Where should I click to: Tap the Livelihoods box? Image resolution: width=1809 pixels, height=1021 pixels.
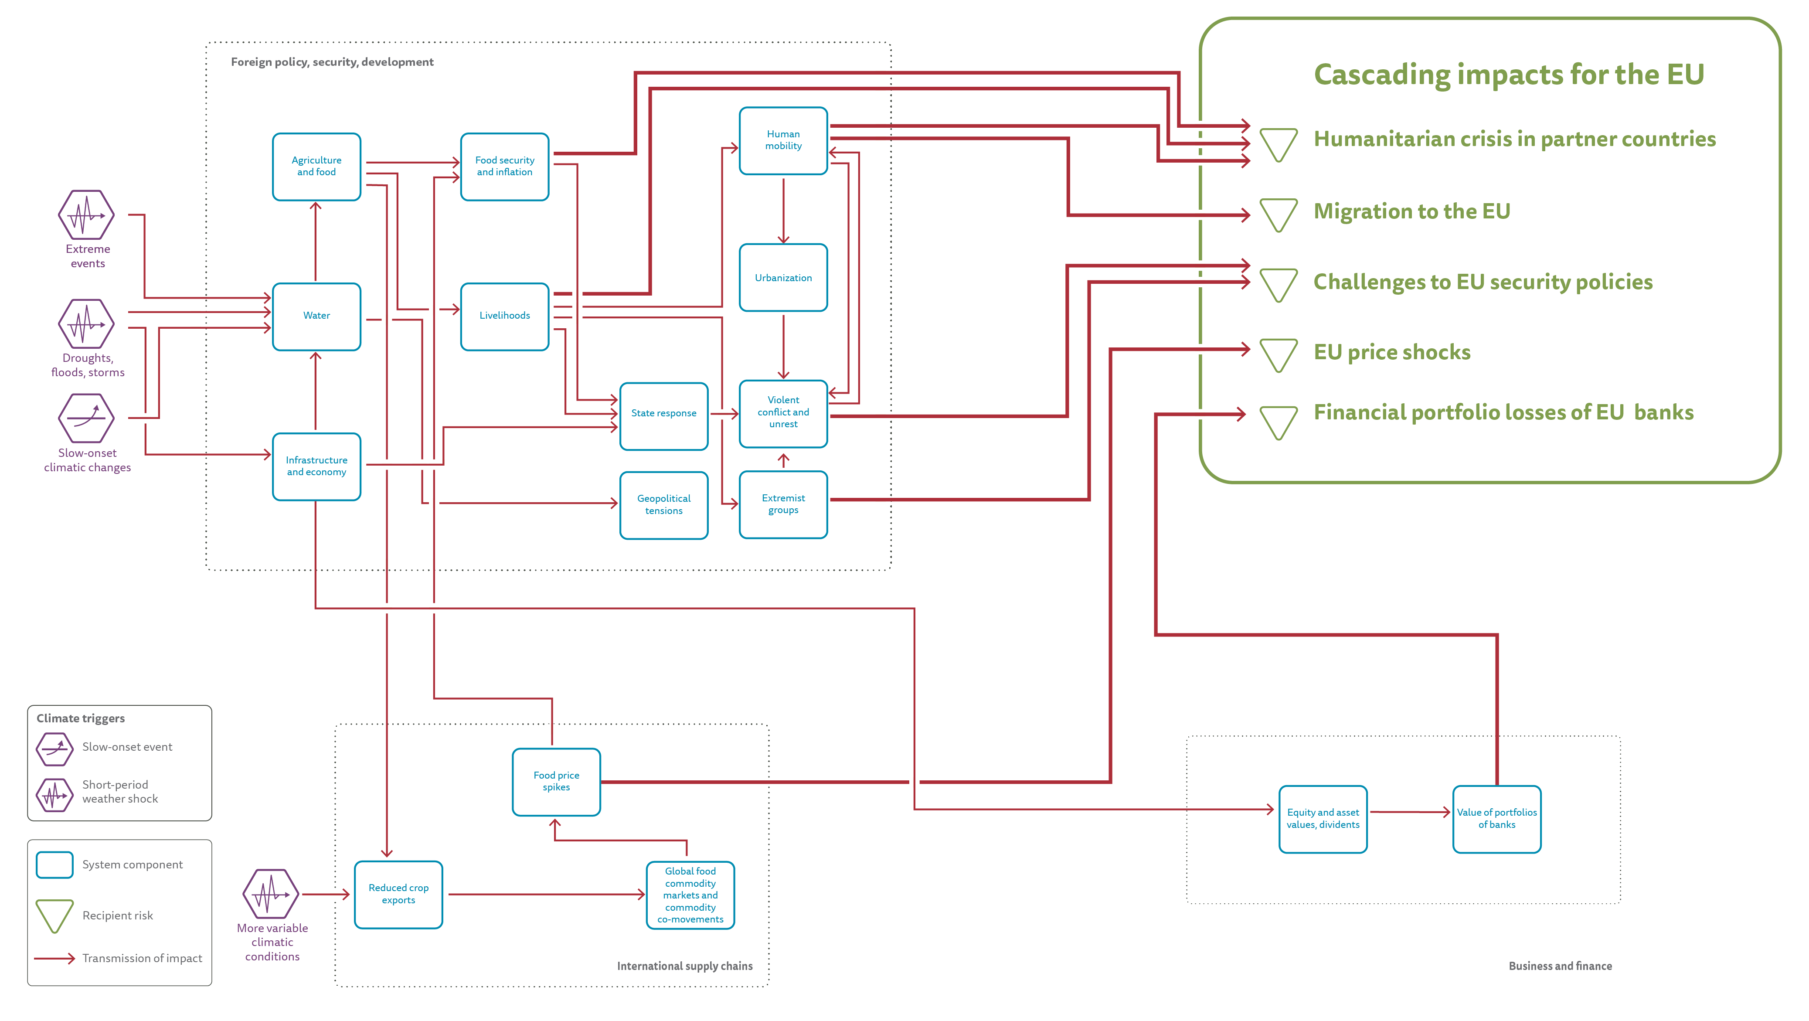[x=504, y=316]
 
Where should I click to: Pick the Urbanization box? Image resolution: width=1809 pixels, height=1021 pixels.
[x=783, y=277]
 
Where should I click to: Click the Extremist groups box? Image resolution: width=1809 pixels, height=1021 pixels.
[x=783, y=504]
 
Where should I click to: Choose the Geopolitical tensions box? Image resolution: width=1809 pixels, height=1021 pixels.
[x=663, y=504]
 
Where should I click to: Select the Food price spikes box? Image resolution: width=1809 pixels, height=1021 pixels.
[x=556, y=782]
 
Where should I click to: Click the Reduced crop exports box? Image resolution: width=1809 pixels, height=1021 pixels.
[x=398, y=894]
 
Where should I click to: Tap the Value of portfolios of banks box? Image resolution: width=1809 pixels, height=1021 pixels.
[x=1496, y=819]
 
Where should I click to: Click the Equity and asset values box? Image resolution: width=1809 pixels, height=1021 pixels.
[x=1323, y=819]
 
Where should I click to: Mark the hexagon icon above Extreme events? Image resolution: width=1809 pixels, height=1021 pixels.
[x=86, y=215]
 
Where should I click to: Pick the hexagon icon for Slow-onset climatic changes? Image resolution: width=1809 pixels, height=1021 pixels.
[x=86, y=419]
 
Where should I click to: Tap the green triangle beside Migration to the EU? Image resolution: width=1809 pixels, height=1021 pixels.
[x=1278, y=214]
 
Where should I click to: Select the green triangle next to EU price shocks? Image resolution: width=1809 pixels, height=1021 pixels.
[x=1278, y=354]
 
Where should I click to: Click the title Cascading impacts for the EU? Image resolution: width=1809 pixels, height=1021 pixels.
[x=1508, y=75]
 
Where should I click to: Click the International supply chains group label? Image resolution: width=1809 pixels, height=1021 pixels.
[x=685, y=966]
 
